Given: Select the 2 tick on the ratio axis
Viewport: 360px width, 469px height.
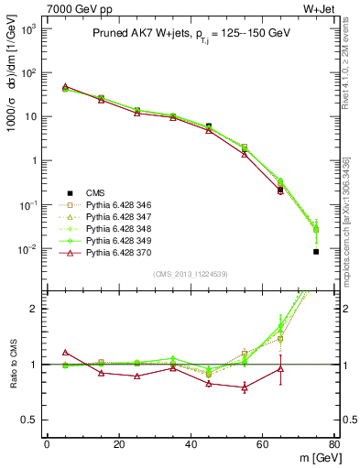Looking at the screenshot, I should tap(32, 309).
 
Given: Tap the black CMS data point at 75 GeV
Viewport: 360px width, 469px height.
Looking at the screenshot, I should tap(316, 251).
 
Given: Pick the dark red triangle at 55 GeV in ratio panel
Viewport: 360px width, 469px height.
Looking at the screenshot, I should tap(245, 387).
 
